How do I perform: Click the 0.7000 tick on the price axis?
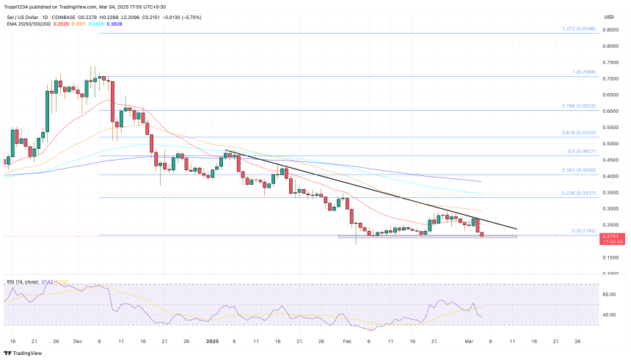[608, 78]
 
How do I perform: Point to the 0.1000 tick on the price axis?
[608, 273]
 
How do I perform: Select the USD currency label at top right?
[609, 17]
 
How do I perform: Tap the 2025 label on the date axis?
[213, 341]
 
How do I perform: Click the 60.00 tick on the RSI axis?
[608, 294]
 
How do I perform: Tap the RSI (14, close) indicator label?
[21, 281]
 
